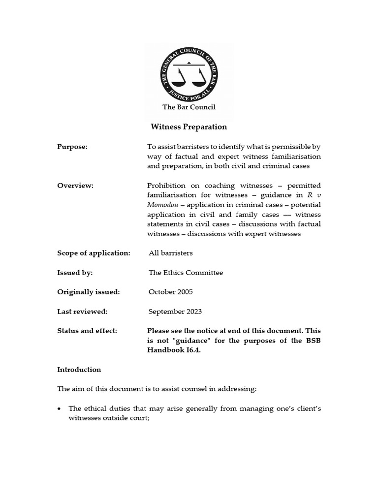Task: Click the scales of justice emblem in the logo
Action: [189, 74]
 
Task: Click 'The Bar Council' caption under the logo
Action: [189, 107]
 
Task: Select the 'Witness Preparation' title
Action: [189, 127]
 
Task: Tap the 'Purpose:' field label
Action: [72, 147]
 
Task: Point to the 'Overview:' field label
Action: [75, 186]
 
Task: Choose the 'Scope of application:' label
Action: [94, 253]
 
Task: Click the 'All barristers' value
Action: [170, 253]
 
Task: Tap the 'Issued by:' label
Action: [75, 272]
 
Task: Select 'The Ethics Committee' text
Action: [186, 272]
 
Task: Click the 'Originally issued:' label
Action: [89, 292]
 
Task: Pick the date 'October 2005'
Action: [170, 292]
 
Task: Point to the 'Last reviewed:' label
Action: [82, 312]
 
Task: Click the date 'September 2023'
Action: [175, 312]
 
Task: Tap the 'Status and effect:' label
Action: [87, 331]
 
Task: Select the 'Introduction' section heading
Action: [79, 370]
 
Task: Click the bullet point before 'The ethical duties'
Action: [60, 409]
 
